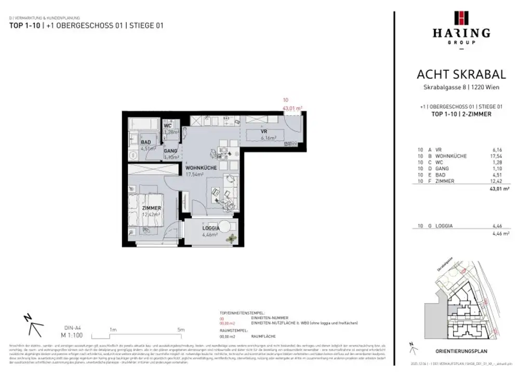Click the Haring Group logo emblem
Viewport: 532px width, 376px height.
(461, 18)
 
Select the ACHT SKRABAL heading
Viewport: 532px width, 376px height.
(461, 75)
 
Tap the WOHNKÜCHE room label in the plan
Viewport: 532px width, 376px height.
(202, 168)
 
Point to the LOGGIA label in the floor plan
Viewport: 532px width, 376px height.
(211, 228)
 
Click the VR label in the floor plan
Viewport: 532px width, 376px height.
(264, 132)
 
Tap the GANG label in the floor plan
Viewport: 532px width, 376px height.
(171, 151)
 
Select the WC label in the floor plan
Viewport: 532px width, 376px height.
(168, 126)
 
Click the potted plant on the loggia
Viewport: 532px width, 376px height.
(230, 238)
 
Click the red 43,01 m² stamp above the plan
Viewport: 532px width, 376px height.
(291, 108)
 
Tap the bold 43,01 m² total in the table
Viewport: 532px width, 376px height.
(500, 190)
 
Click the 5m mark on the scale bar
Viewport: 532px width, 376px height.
(180, 329)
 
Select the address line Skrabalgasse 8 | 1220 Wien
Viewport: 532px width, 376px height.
(461, 87)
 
